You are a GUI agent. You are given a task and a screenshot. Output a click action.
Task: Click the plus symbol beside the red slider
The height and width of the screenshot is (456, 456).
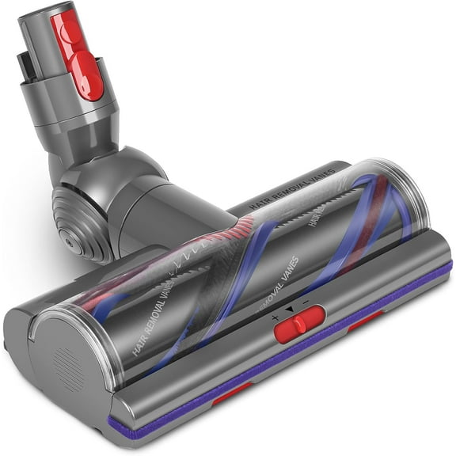click(275, 317)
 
